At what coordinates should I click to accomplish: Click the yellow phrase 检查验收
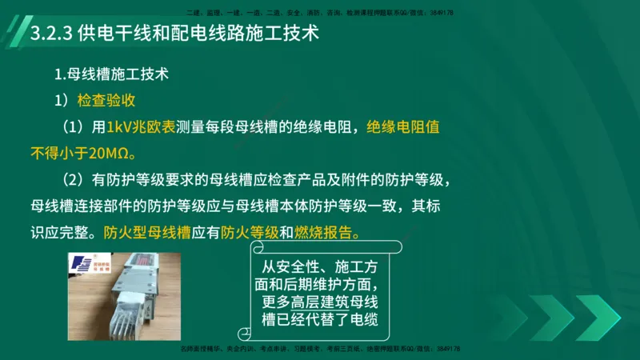point(106,101)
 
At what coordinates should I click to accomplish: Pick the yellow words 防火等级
point(250,233)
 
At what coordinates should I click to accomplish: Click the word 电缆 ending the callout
point(362,320)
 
